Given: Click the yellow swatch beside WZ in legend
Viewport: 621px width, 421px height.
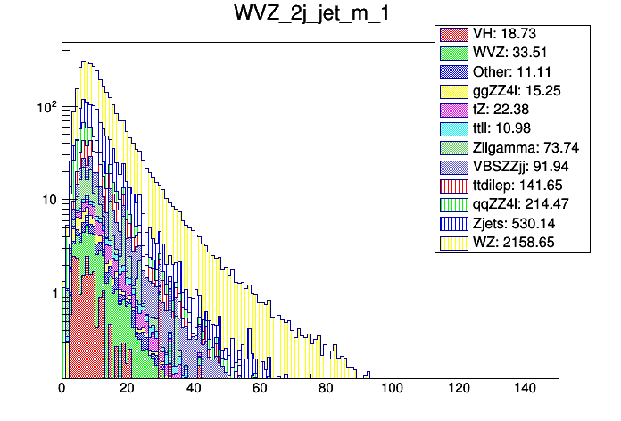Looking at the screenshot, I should coord(451,242).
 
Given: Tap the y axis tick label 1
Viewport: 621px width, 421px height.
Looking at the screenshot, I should coord(53,293).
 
